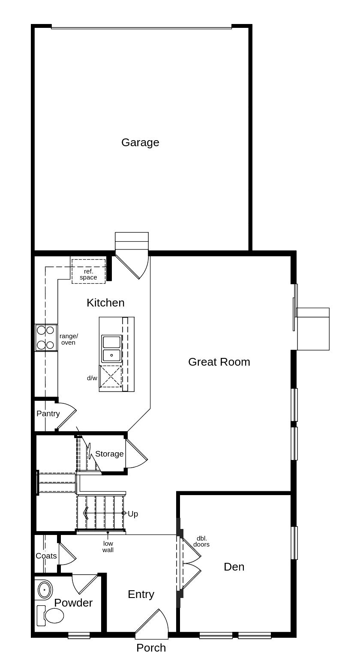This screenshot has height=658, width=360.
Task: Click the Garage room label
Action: coord(140,142)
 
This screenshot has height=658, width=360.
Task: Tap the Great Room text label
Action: coord(219,362)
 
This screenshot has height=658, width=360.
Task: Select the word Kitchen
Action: coord(105,303)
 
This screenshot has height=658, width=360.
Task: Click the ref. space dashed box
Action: coord(88,271)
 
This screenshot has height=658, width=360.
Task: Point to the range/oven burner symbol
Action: coord(46,337)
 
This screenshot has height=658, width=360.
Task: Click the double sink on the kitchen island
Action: coord(111,349)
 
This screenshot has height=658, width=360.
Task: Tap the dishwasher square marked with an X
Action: coord(111,377)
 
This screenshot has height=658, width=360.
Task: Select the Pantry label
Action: coord(48,414)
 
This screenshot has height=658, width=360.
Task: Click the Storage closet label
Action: coord(109,454)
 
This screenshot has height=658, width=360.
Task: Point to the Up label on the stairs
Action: coord(133,514)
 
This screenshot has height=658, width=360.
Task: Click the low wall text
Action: coord(108,547)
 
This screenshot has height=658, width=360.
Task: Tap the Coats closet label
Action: coord(46,556)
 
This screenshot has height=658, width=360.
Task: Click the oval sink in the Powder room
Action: coord(44,590)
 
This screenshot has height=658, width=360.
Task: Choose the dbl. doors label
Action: coord(201,541)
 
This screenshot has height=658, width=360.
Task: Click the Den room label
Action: coord(234,567)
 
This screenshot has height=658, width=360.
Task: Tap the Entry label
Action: coord(141,595)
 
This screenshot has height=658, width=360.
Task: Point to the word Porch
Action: coord(151,648)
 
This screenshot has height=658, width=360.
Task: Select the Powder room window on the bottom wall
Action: coord(79,635)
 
